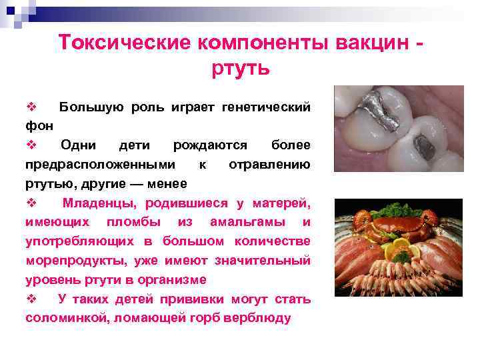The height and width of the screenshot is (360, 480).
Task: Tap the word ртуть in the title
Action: point(241,68)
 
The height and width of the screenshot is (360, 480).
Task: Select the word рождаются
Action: point(209,145)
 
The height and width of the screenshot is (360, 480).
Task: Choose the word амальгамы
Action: point(241,222)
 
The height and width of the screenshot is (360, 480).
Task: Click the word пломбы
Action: point(145,222)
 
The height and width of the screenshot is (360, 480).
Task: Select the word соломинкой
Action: point(67,318)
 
